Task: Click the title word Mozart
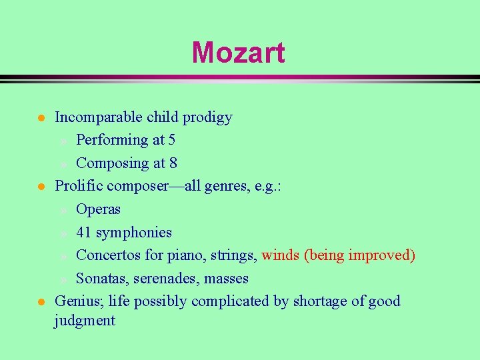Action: tap(238, 53)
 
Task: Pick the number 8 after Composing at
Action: tap(173, 163)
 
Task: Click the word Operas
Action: tap(98, 209)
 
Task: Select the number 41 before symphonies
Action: tap(84, 233)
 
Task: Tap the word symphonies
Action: tap(134, 233)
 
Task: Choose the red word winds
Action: tap(280, 255)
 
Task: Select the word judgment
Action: tap(85, 321)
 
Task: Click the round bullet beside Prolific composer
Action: tap(41, 187)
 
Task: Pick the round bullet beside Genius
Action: tap(41, 302)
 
